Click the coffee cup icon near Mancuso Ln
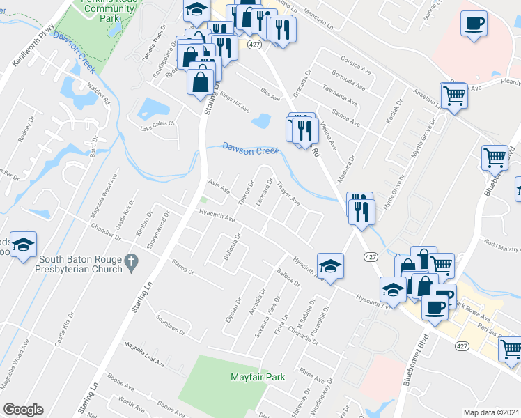point(473,22)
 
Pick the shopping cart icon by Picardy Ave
point(454,95)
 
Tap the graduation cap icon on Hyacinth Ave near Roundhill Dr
point(330,265)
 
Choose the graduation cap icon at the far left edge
point(22,245)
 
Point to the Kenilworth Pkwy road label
point(33,48)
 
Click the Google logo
point(23,410)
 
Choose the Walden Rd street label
point(100,94)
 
